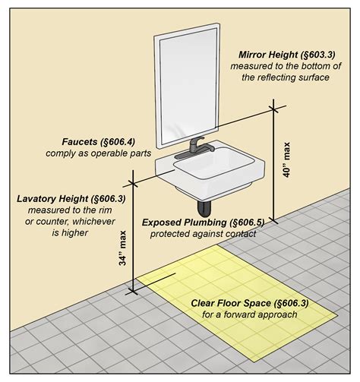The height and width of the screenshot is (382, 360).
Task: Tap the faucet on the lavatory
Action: [x=196, y=145]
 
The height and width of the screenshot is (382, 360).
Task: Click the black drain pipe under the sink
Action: [x=204, y=206]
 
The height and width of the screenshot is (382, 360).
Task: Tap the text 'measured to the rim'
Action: [x=58, y=210]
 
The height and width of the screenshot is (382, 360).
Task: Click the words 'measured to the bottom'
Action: [x=283, y=68]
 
